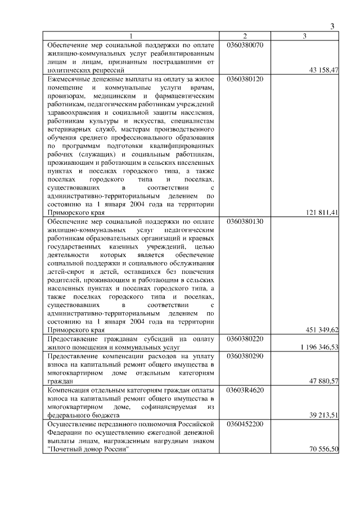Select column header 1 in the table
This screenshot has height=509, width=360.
pos(131,36)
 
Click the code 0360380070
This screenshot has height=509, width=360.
pos(245,44)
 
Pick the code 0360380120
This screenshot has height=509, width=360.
pos(245,79)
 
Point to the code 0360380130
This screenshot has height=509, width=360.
pos(245,222)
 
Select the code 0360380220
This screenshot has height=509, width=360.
pos(245,339)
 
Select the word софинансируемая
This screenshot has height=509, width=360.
pos(165,407)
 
